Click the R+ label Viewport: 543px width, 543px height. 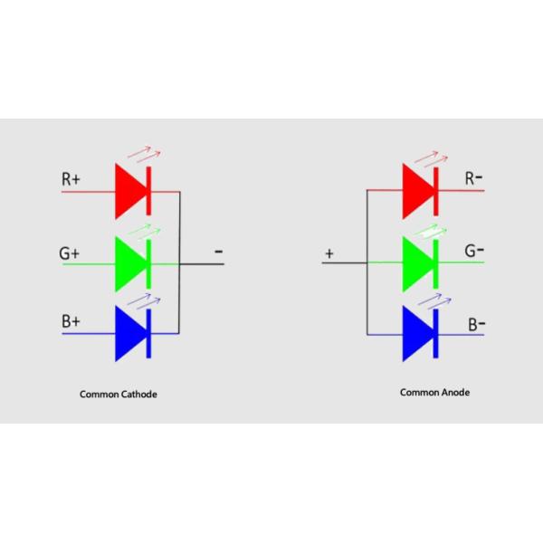coord(71,179)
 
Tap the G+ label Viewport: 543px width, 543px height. coord(70,253)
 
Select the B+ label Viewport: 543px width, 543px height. coord(71,321)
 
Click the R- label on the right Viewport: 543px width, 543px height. coord(473,178)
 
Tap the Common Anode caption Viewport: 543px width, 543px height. coord(435,393)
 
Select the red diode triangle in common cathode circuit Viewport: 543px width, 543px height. coord(130,192)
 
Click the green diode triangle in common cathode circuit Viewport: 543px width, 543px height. coord(130,263)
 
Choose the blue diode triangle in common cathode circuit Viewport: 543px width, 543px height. coord(130,334)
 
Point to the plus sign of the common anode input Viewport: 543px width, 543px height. coord(329,254)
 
